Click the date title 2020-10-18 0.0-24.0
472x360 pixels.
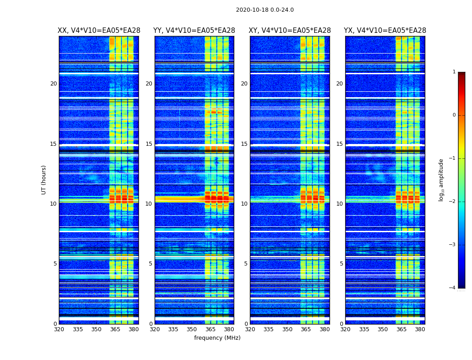tap(265, 10)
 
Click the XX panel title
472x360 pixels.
tap(99, 31)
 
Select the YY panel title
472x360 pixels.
tap(194, 31)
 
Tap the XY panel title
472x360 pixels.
tap(290, 31)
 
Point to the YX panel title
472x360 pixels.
tap(385, 31)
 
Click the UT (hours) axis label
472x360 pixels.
tap(44, 180)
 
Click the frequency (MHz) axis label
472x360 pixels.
tap(217, 338)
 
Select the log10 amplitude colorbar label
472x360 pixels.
tap(441, 180)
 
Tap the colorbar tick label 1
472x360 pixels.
tap(454, 72)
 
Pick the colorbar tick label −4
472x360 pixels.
tap(453, 288)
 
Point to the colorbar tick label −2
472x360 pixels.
tap(453, 202)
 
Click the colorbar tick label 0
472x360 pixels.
tap(454, 115)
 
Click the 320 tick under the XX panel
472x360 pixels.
tap(59, 329)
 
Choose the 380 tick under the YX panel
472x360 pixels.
tap(420, 329)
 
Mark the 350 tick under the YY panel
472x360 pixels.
tap(192, 329)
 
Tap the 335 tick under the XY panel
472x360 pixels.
tap(269, 329)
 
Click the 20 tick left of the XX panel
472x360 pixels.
tap(53, 84)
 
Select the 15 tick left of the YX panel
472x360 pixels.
tap(340, 144)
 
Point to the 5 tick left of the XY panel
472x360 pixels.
tap(246, 264)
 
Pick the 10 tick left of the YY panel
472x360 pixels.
tap(149, 204)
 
